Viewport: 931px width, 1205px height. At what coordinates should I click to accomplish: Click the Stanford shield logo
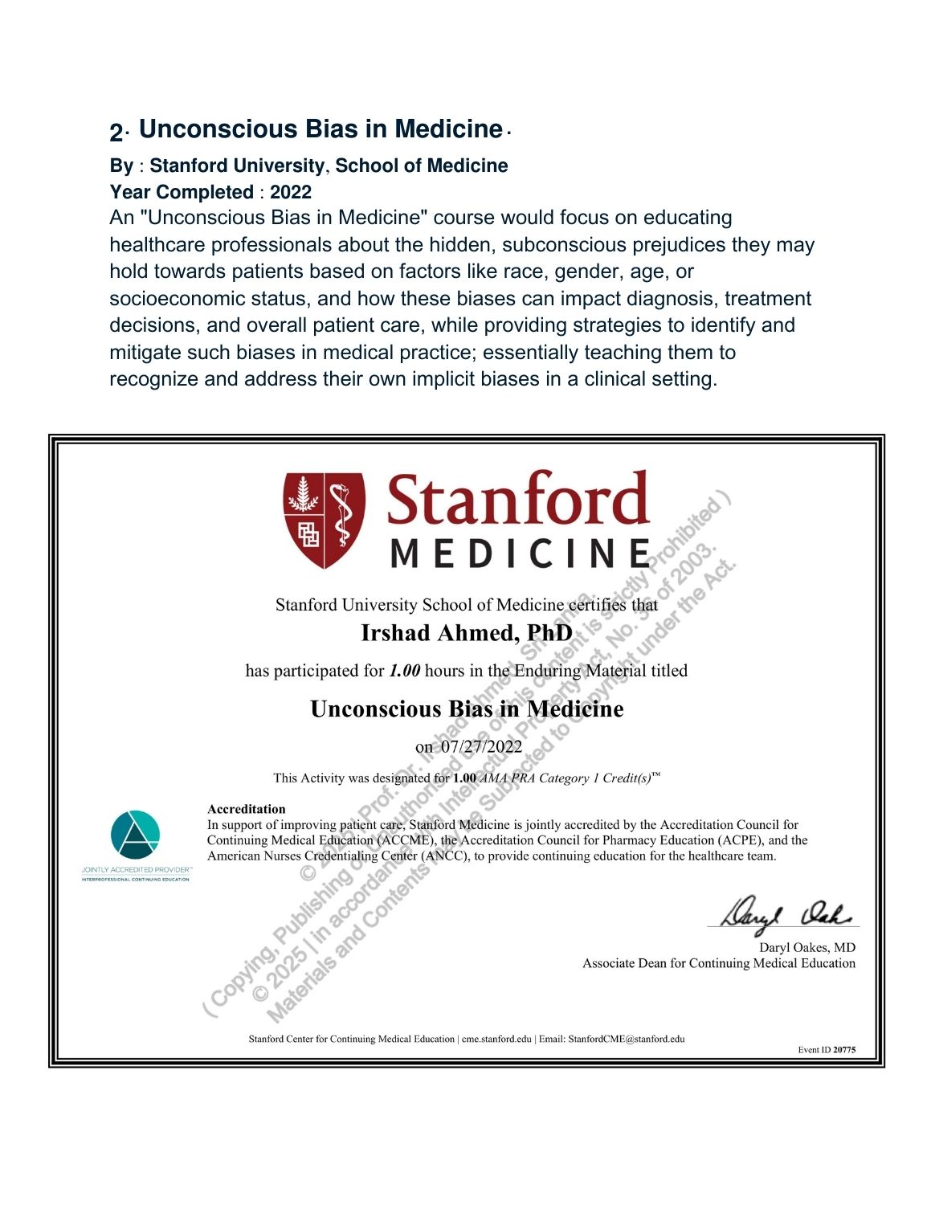point(324,520)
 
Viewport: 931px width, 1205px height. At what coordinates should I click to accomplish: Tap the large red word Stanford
point(517,499)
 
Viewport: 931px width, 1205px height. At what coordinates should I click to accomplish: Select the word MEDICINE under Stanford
point(520,553)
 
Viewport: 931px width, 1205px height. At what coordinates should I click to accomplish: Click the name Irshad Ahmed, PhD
point(466,633)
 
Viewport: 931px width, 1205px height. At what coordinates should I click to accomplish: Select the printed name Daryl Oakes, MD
point(806,947)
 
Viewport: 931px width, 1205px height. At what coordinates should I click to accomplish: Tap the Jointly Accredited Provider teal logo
point(136,835)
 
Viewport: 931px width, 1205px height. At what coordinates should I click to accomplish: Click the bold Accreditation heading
point(246,809)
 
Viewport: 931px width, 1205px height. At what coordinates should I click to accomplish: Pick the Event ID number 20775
point(844,1049)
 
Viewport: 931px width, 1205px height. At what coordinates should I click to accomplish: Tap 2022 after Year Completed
point(291,192)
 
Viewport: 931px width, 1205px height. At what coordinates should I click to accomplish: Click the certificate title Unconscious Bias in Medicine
point(467,709)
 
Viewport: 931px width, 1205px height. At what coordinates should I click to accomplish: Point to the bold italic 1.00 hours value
point(404,671)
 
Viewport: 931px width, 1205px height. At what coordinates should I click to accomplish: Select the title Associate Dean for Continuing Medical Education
point(718,963)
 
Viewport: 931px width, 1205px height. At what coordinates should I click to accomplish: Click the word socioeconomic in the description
point(169,299)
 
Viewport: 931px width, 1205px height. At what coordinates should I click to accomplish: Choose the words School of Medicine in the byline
point(421,165)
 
